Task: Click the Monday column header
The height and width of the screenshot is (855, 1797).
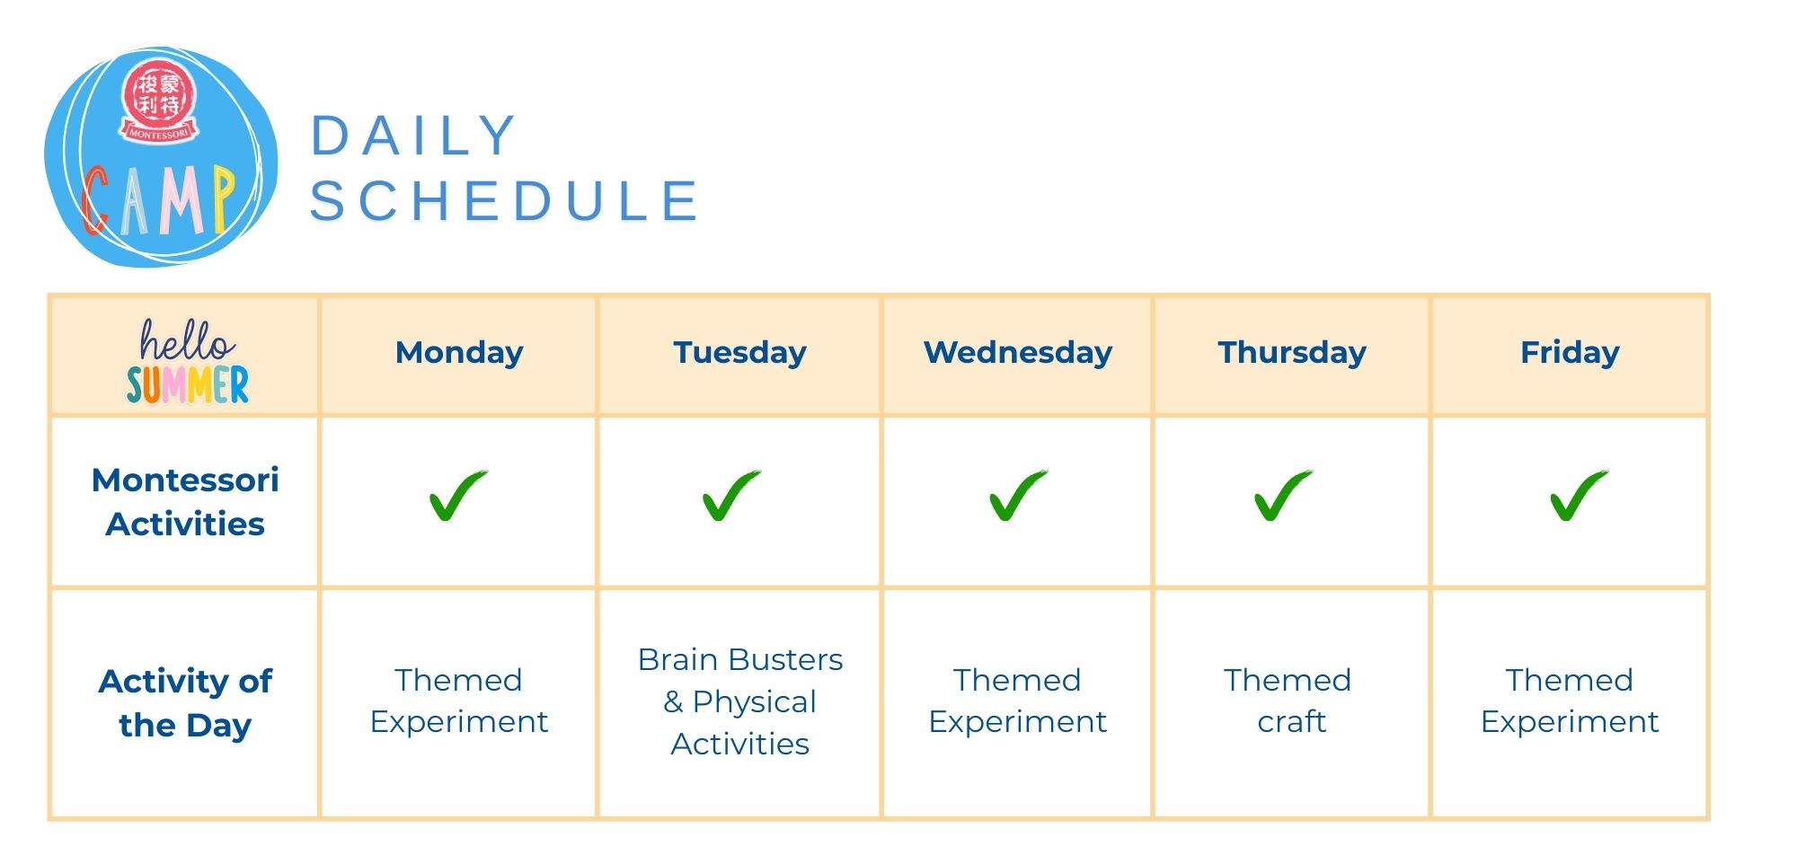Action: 459,353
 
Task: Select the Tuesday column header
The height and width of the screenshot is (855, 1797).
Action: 739,353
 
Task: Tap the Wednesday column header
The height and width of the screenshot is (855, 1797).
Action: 1018,353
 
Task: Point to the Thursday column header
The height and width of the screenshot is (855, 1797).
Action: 1292,353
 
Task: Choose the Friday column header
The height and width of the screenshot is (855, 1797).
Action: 1570,353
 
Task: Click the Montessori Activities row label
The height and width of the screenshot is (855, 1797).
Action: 185,502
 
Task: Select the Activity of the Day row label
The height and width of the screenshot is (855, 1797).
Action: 185,703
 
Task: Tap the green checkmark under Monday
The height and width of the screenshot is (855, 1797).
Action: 457,495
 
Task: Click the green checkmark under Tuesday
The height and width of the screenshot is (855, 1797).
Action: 730,495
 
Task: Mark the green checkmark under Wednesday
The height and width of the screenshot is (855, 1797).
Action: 1017,495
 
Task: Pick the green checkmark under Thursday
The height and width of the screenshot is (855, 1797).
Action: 1282,495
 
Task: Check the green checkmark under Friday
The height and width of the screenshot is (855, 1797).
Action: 1578,495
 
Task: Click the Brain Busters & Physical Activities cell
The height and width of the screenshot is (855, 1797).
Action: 740,701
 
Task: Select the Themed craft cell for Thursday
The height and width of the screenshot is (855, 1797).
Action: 1288,701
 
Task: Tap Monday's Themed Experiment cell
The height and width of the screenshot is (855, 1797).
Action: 459,701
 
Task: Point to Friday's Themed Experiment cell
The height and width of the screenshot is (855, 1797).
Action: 1570,701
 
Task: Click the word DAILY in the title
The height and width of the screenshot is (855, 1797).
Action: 413,137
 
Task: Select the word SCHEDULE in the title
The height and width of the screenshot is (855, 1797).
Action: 504,200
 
